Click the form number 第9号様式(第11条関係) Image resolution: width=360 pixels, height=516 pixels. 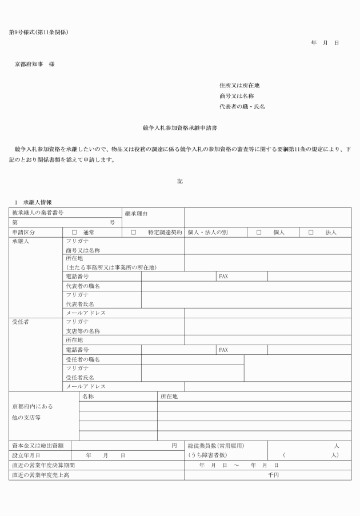point(39,31)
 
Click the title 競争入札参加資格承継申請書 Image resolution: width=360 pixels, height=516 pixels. point(179,129)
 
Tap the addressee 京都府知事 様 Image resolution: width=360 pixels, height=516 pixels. point(35,64)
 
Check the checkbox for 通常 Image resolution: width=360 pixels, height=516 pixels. point(74,233)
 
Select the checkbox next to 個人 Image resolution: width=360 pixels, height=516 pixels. point(259,233)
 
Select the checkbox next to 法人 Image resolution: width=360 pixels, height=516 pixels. point(311,233)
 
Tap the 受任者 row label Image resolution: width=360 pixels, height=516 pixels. point(21,322)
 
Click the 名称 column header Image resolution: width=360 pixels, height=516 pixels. point(88,395)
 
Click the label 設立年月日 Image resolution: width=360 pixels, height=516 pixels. point(26,455)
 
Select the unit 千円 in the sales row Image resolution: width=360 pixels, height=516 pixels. point(274,475)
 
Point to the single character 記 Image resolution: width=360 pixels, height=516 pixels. point(180,181)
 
